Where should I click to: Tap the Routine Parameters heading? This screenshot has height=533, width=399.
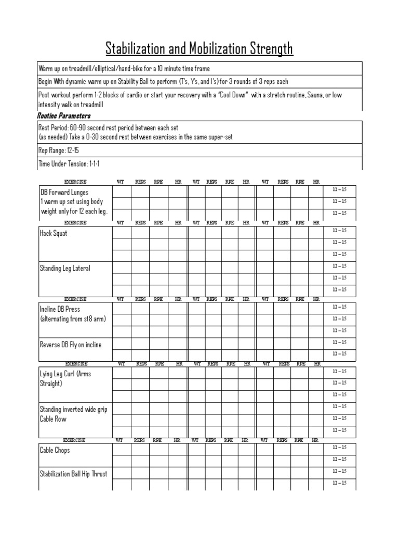pyautogui.click(x=64, y=116)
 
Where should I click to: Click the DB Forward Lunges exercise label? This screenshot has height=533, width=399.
pyautogui.click(x=64, y=192)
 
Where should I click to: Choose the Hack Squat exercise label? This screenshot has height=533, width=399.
pyautogui.click(x=54, y=233)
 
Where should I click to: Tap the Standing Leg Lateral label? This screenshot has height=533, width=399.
pyautogui.click(x=65, y=268)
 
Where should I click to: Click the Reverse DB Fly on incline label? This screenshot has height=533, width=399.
pyautogui.click(x=71, y=345)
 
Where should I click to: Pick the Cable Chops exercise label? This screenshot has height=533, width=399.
pyautogui.click(x=55, y=450)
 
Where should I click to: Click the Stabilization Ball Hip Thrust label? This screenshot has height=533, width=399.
pyautogui.click(x=74, y=474)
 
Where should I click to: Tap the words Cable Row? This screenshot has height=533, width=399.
pyautogui.click(x=53, y=419)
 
